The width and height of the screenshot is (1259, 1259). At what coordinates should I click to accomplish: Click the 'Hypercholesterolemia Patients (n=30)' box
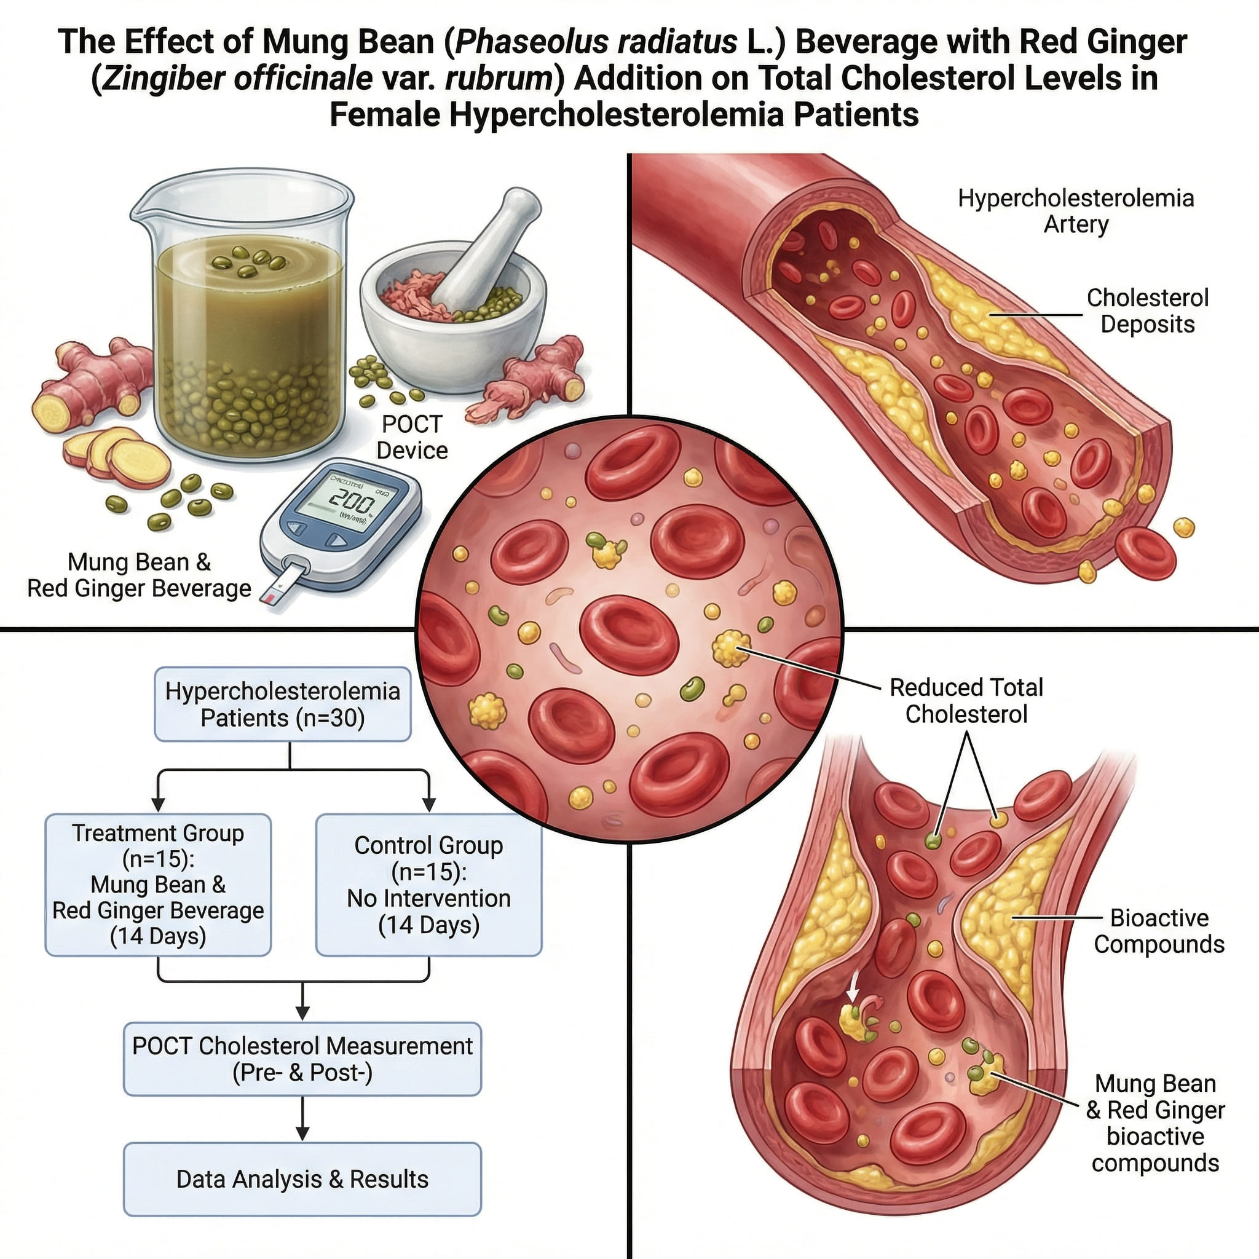point(283,704)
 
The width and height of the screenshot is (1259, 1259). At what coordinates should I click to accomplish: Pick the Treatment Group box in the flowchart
point(158,884)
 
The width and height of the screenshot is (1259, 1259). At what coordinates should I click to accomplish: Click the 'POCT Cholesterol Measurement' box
point(302,1059)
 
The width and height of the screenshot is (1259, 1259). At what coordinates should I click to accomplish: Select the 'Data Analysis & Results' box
point(302,1179)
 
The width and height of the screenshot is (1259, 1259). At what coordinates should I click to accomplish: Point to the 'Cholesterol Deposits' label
point(1147,311)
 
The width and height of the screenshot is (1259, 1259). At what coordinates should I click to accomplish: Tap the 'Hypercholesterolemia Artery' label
point(1076,211)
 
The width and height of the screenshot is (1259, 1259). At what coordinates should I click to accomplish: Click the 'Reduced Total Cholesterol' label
point(966,701)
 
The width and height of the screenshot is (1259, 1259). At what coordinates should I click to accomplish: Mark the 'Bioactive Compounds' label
point(1159,931)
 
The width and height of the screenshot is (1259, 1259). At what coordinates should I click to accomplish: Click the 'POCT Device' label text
point(412,437)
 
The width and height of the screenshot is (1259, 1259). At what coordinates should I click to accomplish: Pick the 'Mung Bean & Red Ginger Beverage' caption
point(139,575)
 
